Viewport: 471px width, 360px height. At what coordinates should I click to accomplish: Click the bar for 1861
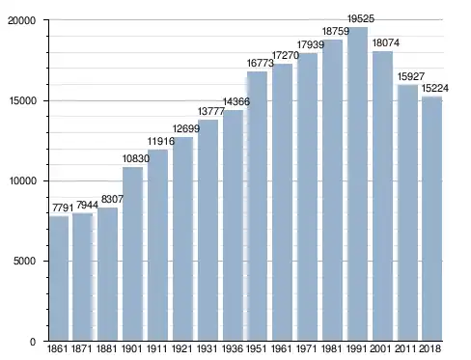pos(59,278)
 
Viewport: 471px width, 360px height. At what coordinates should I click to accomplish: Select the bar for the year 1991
pos(357,184)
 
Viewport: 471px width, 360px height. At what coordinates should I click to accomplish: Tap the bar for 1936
pos(233,226)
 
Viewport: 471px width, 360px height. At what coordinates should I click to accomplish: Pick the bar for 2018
pos(432,219)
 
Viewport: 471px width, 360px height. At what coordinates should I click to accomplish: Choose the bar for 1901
pos(132,254)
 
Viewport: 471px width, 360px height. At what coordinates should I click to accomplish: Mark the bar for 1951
pos(257,207)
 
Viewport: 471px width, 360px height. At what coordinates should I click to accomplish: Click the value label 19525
pos(361,19)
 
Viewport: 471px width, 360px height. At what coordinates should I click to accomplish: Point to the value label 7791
pos(63,208)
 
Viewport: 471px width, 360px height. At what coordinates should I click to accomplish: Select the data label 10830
pos(136,158)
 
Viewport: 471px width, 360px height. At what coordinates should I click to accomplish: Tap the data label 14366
pos(236,101)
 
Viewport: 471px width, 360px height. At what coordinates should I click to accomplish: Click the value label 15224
pos(435,88)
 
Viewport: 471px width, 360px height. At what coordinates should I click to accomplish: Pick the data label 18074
pos(386,42)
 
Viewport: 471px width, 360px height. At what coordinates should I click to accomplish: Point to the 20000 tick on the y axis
pos(22,20)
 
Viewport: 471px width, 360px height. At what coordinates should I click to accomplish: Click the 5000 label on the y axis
pos(24,261)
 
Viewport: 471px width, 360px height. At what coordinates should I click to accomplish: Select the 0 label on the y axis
pos(33,342)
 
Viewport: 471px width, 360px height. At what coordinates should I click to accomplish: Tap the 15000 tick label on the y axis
pos(22,100)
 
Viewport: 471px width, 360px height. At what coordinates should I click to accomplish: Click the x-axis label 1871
pos(82,348)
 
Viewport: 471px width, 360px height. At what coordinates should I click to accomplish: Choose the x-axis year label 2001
pos(380,348)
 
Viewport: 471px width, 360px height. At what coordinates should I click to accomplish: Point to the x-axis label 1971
pos(306,348)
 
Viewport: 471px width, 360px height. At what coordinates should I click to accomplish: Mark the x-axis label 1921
pos(181,348)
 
